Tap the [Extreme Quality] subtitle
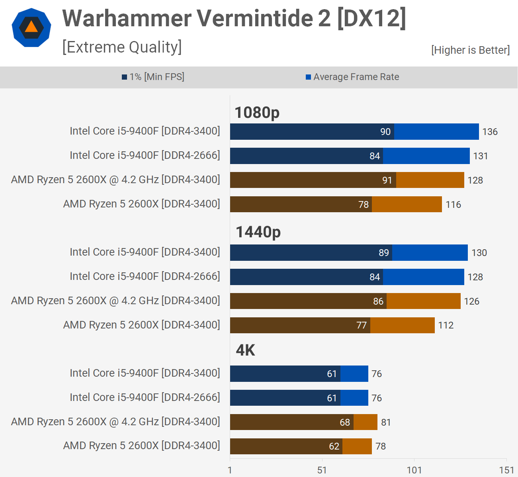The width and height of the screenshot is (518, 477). coord(122,47)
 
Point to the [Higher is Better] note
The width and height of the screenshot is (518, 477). coord(470,50)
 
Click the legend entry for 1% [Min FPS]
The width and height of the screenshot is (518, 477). coord(153,77)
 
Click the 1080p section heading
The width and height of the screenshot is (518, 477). coord(257,112)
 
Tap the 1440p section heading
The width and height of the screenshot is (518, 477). coord(258,232)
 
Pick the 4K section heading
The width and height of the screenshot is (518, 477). coord(245,350)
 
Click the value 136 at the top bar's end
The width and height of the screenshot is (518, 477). coord(490,132)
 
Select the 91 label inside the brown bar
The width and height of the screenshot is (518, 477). coord(387,180)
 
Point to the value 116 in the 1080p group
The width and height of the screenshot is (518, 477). coord(453,205)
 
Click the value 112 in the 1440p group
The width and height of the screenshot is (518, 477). coord(446,325)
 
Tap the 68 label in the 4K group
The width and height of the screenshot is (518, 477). coord(345,422)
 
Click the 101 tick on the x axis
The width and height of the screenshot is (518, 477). coord(414,470)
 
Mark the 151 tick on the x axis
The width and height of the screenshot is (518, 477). coord(506,470)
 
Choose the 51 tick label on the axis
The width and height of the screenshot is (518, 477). coord(322,470)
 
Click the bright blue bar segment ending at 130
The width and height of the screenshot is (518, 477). coord(430,253)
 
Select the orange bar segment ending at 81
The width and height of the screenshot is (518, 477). coord(366,422)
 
